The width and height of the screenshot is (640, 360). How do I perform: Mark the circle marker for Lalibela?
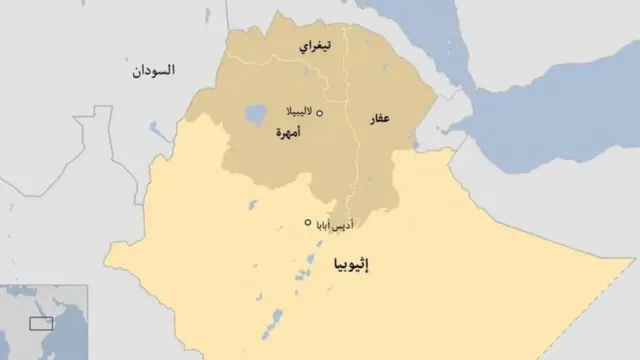320,113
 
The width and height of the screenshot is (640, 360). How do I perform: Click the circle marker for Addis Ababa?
308,222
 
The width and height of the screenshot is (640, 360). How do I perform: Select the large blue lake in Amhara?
254,112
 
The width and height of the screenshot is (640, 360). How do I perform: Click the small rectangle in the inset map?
41,323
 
